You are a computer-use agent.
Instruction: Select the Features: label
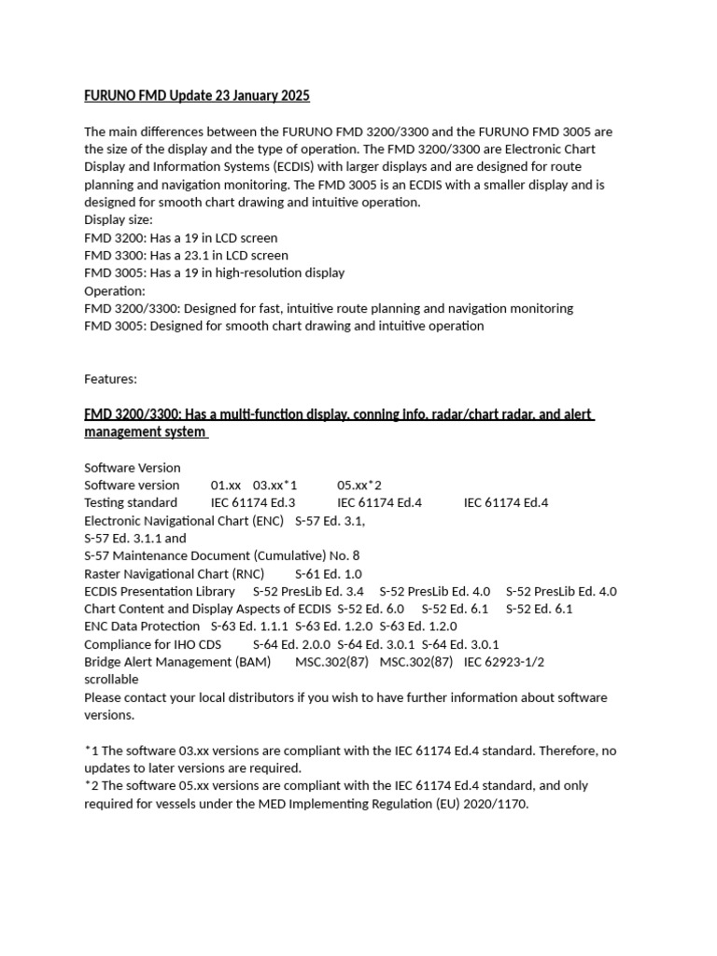110,379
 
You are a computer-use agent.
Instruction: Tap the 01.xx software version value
226,485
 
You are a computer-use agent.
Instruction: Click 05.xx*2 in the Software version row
359,485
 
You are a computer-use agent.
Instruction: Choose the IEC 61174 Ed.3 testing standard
253,502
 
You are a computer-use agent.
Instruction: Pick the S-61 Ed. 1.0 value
329,574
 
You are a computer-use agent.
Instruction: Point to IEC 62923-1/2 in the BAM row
504,662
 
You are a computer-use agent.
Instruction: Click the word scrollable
111,680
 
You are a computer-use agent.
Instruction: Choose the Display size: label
118,219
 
